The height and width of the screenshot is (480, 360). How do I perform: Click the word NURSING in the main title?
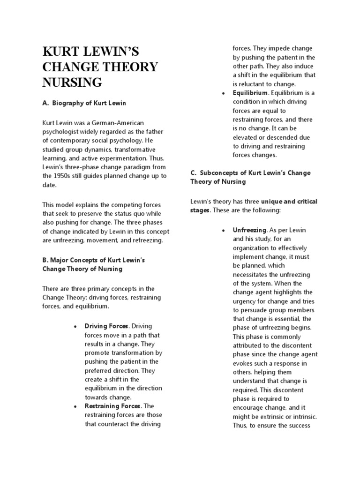[x=72, y=82]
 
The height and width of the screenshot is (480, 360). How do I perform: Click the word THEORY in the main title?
[x=127, y=67]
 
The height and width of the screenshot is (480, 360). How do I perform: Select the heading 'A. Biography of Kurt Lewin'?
[x=84, y=103]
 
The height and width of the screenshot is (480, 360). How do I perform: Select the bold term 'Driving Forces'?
[x=106, y=326]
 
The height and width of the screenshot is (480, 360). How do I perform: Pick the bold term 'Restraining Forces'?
[x=112, y=406]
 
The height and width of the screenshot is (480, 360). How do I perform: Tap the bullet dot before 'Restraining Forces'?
[x=75, y=406]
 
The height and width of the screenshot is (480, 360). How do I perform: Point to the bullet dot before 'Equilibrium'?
[x=224, y=93]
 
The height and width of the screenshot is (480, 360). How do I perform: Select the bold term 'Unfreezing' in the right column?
[x=249, y=230]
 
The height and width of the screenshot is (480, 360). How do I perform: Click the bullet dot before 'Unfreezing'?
[x=224, y=231]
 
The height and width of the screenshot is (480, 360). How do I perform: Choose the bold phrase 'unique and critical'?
[x=289, y=201]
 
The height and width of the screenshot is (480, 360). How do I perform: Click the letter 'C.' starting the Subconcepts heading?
[x=193, y=172]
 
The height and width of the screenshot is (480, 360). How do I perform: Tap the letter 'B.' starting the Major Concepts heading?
[x=45, y=260]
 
